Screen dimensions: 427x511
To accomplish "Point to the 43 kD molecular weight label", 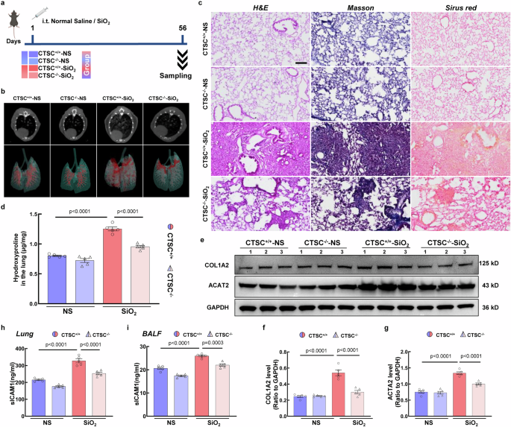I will (x=489, y=285).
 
